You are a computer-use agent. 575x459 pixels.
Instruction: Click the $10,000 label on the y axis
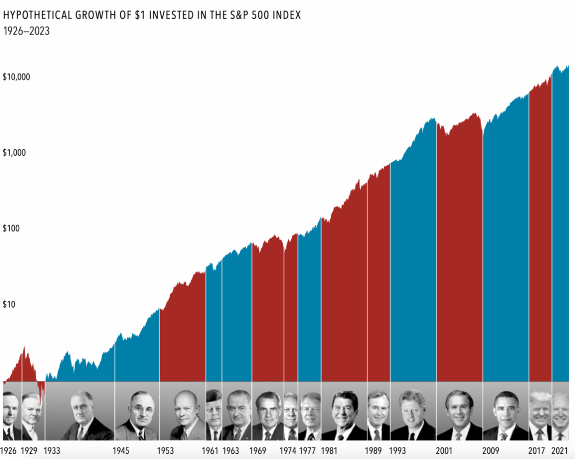coord(17,77)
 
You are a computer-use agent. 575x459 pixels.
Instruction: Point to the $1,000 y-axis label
coord(15,153)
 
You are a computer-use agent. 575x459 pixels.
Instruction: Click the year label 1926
coord(9,451)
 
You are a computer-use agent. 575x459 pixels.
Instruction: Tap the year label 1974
coord(288,451)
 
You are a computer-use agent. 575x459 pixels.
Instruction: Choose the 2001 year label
coord(444,451)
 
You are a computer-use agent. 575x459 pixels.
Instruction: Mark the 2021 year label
coord(560,451)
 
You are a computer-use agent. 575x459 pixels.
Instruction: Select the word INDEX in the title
coord(287,15)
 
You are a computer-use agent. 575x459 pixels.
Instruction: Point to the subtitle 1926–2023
coord(26,31)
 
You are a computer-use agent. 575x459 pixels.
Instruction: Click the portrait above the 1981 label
coord(344,415)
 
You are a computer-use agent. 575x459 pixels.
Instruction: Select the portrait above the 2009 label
coord(506,415)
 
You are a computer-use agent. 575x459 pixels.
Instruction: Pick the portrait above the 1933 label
coord(80,415)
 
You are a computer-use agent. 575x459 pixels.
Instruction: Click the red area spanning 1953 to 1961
coord(183,335)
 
